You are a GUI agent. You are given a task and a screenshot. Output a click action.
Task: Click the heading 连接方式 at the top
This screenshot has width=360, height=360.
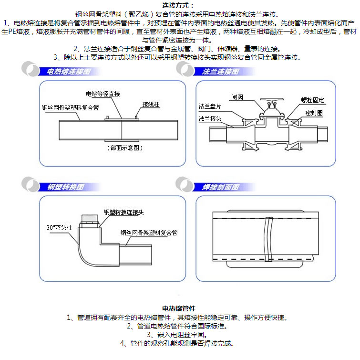tap(178, 6)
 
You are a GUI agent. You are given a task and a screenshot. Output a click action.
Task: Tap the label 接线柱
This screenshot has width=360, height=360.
tap(150, 104)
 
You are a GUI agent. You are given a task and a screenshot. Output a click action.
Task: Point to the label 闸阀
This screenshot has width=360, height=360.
tap(237, 97)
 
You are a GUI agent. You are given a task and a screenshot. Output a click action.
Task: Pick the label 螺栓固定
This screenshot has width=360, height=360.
tap(312, 100)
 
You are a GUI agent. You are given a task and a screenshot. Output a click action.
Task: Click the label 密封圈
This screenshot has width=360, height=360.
tap(314, 113)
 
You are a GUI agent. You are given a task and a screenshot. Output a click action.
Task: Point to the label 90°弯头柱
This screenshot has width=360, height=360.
tap(59, 227)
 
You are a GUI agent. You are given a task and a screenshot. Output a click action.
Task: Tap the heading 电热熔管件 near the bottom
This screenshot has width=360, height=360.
tap(179, 309)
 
